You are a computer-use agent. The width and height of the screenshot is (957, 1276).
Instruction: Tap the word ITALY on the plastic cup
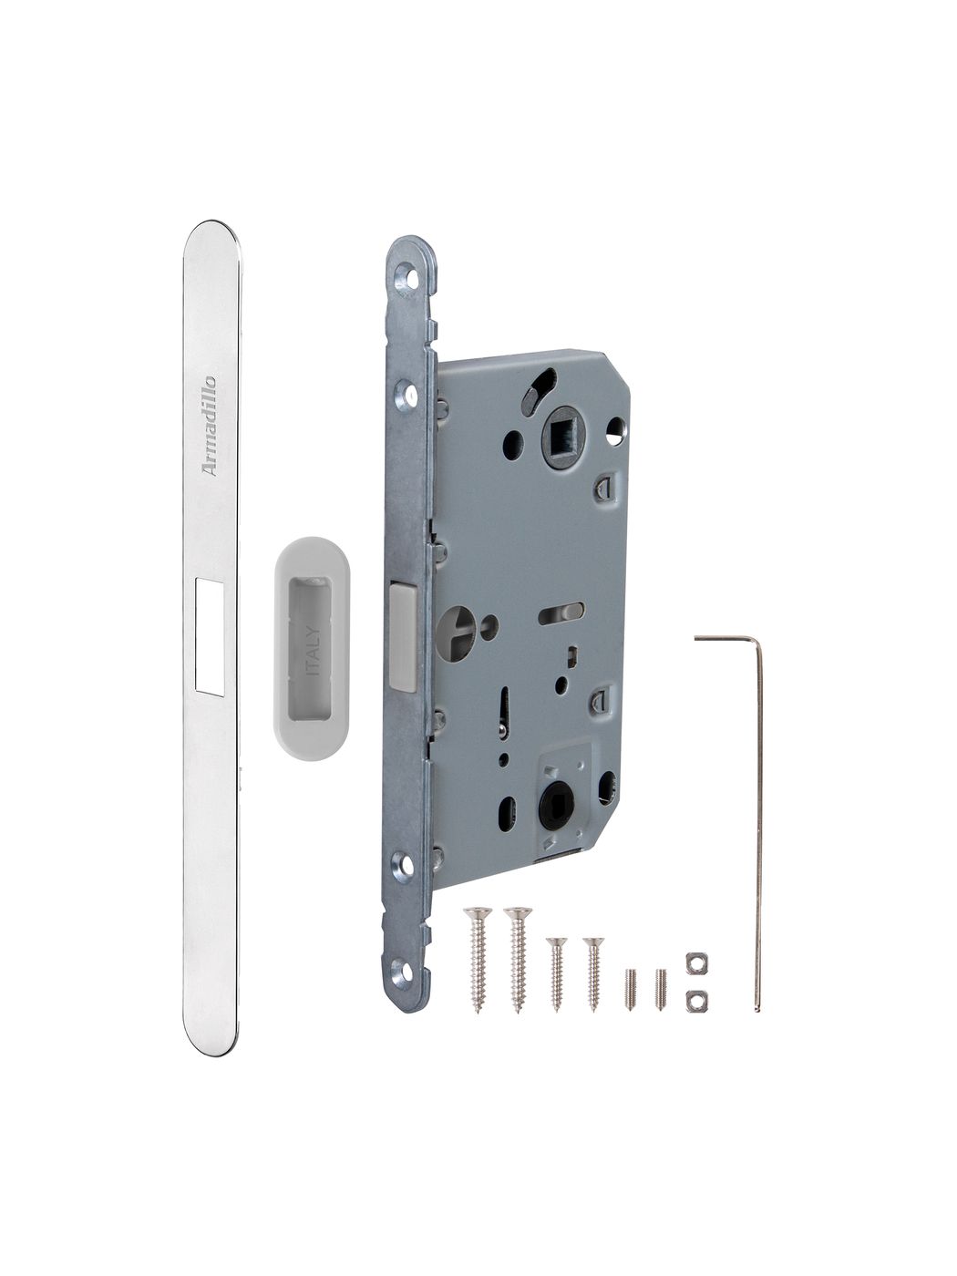tap(312, 650)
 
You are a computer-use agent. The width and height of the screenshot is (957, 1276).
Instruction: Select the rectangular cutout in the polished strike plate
tap(210, 636)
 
